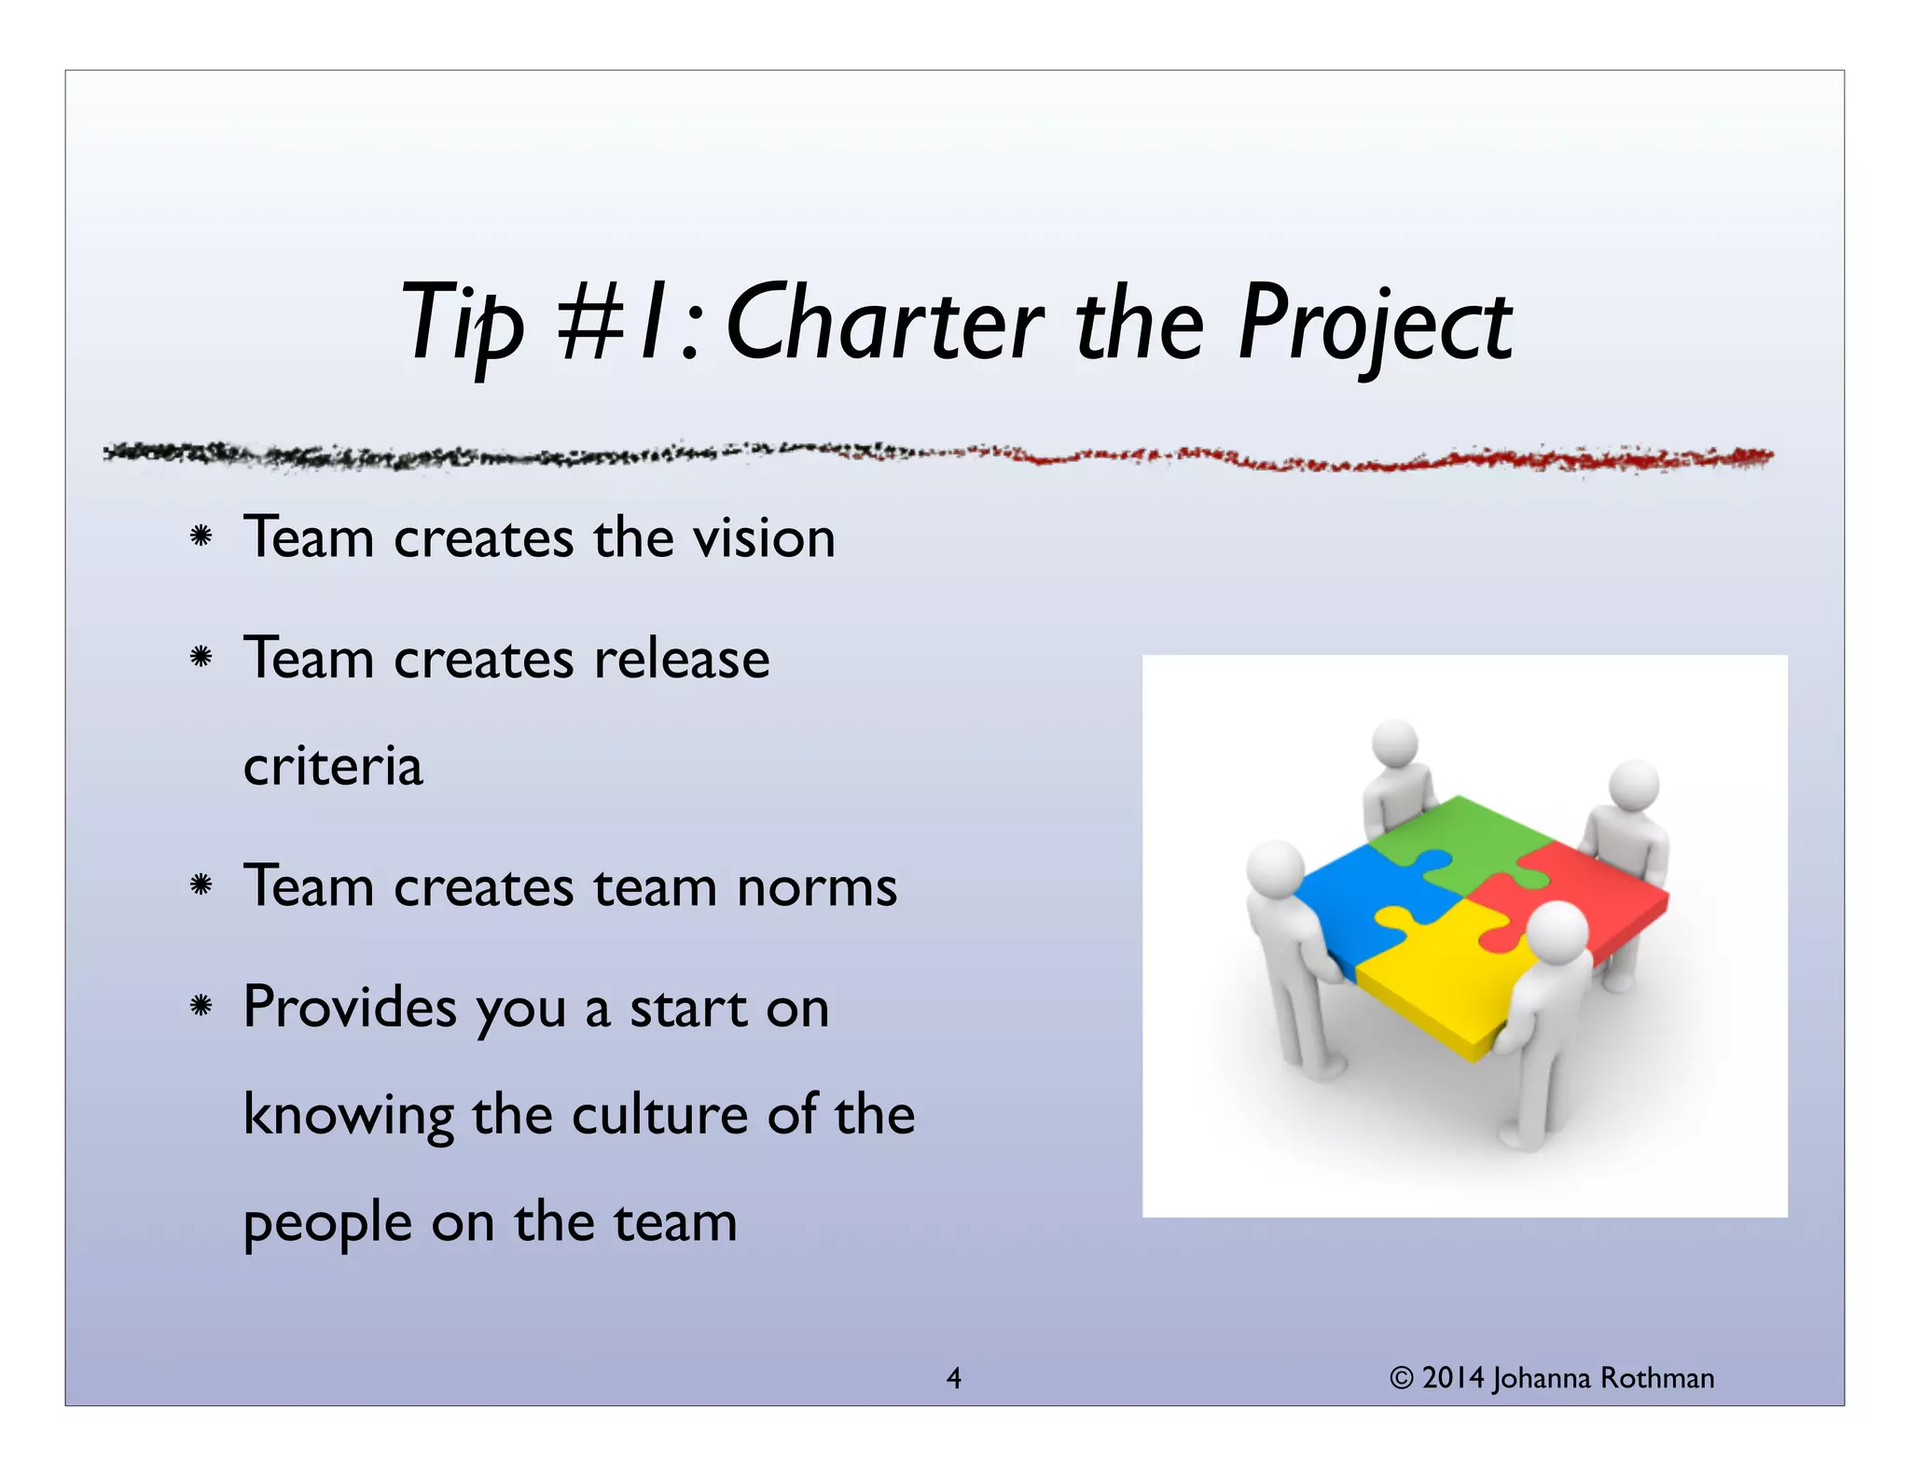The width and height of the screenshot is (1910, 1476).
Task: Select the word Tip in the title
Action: pos(463,325)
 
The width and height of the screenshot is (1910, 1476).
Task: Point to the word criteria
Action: pos(333,766)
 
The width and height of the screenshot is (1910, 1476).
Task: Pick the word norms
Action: pos(817,886)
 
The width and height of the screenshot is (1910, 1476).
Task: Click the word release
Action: pos(682,659)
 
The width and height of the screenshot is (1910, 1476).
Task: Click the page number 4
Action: pos(953,1378)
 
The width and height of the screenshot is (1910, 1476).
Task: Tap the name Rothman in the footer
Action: pos(1656,1378)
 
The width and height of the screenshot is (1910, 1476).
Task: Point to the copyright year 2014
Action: pos(1453,1378)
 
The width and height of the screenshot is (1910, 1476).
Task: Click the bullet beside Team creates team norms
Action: pos(201,884)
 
